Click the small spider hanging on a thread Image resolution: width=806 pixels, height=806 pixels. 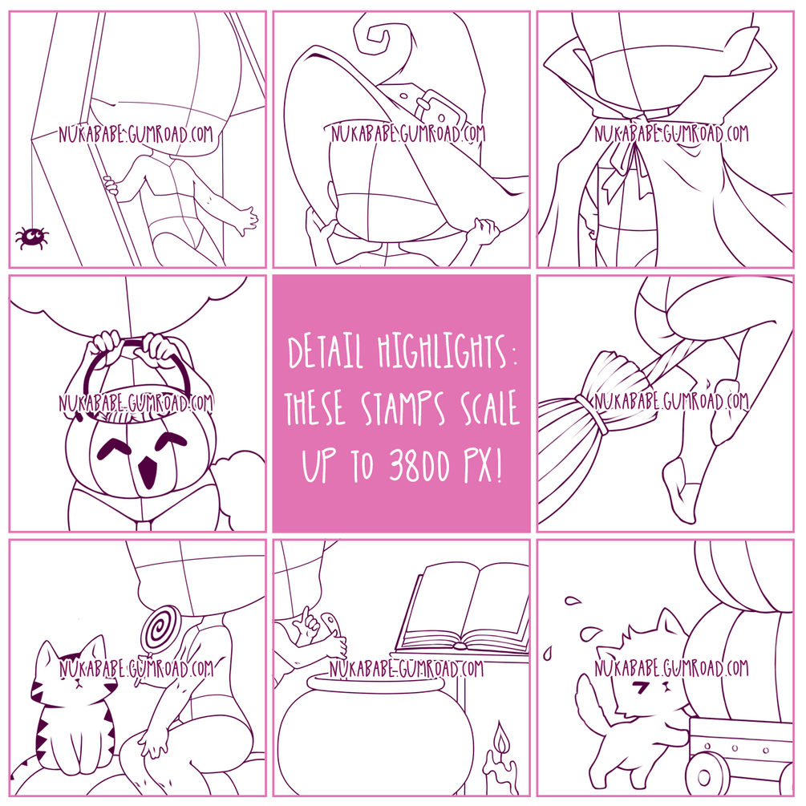click(32, 237)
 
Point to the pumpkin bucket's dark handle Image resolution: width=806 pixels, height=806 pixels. click(136, 369)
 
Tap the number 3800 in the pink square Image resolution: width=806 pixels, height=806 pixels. click(419, 464)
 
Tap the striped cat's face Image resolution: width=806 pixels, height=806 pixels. click(75, 674)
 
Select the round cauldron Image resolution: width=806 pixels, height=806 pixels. click(375, 735)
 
